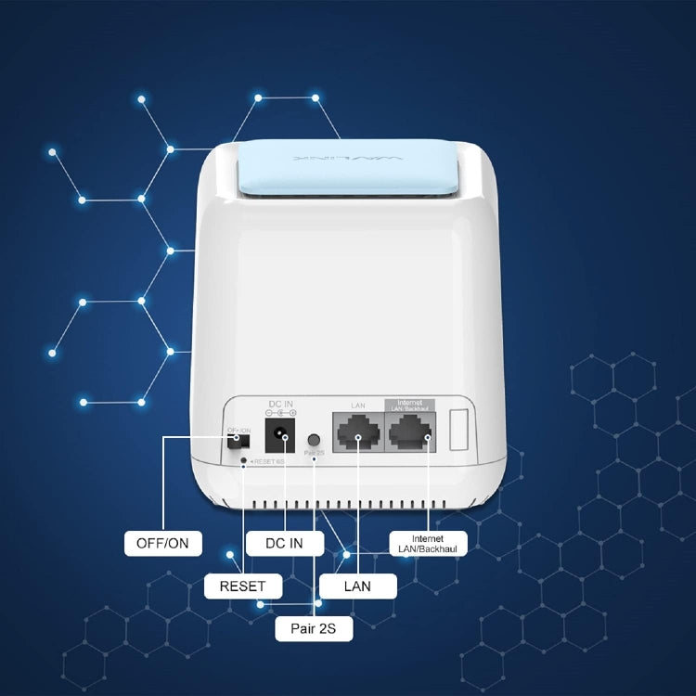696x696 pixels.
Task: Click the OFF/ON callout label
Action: pyautogui.click(x=162, y=544)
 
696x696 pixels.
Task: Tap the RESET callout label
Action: pyautogui.click(x=242, y=586)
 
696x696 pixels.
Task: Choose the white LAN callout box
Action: pyautogui.click(x=357, y=586)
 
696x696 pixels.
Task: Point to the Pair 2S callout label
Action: pyautogui.click(x=314, y=629)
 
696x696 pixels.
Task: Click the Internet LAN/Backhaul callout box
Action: pyautogui.click(x=428, y=544)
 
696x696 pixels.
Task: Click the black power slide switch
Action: pyautogui.click(x=234, y=443)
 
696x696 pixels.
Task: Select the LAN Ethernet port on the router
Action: pyautogui.click(x=357, y=432)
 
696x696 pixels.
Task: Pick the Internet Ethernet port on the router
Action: pyautogui.click(x=409, y=432)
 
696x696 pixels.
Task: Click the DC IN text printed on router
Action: pyautogui.click(x=281, y=404)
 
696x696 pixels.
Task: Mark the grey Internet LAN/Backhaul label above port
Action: pyautogui.click(x=409, y=406)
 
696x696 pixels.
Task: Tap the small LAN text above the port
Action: pyautogui.click(x=357, y=406)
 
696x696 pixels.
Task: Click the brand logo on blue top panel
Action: pyautogui.click(x=347, y=159)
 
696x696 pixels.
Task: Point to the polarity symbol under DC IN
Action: pyautogui.click(x=281, y=413)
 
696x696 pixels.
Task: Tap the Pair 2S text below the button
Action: pyautogui.click(x=315, y=453)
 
